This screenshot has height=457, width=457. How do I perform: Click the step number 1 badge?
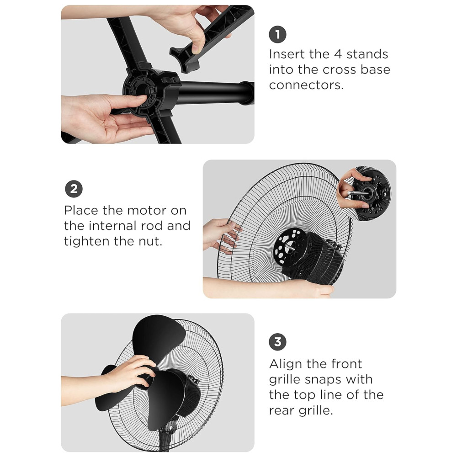[277, 34]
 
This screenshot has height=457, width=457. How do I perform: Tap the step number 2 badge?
[74, 189]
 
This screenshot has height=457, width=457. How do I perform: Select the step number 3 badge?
[277, 342]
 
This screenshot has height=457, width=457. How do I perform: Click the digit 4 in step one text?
[338, 54]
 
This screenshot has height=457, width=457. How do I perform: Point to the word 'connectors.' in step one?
[306, 85]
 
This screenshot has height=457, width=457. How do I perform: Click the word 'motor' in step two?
[147, 210]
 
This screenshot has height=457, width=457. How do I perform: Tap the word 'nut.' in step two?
[150, 241]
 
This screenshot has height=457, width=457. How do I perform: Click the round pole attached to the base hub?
[216, 92]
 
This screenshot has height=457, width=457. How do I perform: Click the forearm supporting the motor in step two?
[268, 287]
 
